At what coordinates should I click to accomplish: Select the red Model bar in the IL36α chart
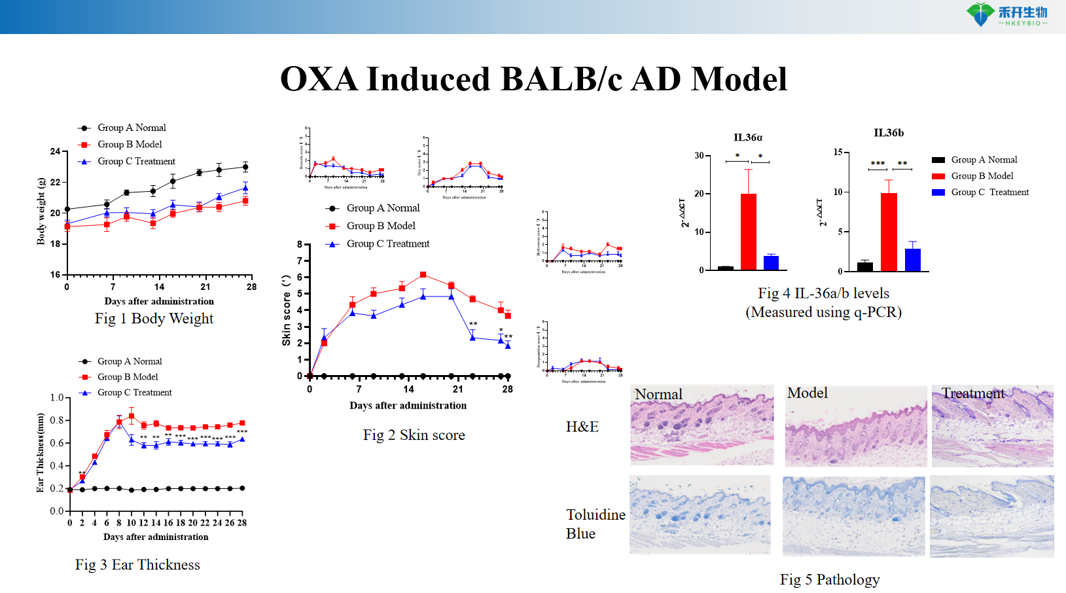click(748, 232)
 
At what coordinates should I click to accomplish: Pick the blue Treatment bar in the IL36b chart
click(912, 259)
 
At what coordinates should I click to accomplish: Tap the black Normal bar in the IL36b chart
click(864, 266)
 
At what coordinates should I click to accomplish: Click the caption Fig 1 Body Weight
click(154, 319)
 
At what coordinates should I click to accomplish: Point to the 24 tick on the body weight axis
click(56, 151)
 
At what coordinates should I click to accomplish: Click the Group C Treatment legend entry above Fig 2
click(387, 243)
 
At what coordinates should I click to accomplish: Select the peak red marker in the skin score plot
click(423, 275)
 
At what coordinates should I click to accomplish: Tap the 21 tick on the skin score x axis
click(458, 389)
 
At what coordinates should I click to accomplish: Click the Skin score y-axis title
click(286, 310)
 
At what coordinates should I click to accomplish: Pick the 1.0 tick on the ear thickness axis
click(57, 398)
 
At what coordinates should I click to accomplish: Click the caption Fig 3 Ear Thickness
click(137, 565)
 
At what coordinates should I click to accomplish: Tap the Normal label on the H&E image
click(658, 394)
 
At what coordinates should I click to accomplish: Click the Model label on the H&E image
click(807, 393)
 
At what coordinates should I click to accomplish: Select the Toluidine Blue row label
click(595, 524)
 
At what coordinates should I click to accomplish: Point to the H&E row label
click(582, 427)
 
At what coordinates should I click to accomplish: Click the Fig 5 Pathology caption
click(829, 579)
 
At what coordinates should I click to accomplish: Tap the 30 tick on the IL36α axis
click(699, 156)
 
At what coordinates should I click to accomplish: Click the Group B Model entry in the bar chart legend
click(982, 176)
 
